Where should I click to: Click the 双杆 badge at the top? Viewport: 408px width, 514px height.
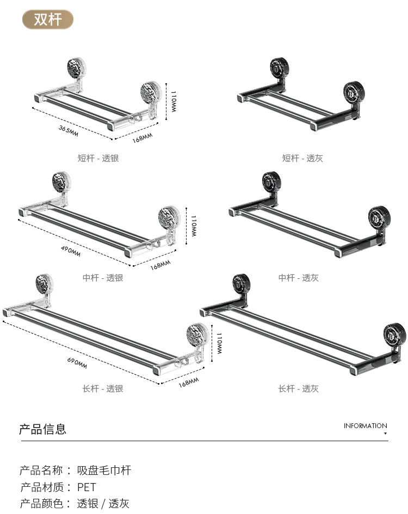pyautogui.click(x=47, y=20)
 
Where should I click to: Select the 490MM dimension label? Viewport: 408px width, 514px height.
pyautogui.click(x=70, y=251)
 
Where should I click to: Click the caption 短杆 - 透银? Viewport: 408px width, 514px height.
pyautogui.click(x=98, y=158)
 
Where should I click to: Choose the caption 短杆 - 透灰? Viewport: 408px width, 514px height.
pyautogui.click(x=302, y=158)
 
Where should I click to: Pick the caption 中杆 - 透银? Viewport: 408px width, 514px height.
pyautogui.click(x=103, y=278)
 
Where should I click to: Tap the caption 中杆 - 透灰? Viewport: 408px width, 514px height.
pyautogui.click(x=299, y=278)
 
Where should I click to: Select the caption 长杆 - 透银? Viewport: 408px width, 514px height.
pyautogui.click(x=103, y=388)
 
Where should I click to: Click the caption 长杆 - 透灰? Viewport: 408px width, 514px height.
pyautogui.click(x=299, y=388)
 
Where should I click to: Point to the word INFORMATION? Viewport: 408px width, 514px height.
pyautogui.click(x=365, y=426)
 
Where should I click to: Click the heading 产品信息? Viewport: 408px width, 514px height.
pyautogui.click(x=43, y=429)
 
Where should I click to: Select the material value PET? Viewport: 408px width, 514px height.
pyautogui.click(x=86, y=487)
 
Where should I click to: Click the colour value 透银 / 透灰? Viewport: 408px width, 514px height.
pyautogui.click(x=103, y=504)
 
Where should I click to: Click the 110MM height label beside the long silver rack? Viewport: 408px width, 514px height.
pyautogui.click(x=219, y=344)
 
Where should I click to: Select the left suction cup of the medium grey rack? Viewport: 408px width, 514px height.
pyautogui.click(x=271, y=183)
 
